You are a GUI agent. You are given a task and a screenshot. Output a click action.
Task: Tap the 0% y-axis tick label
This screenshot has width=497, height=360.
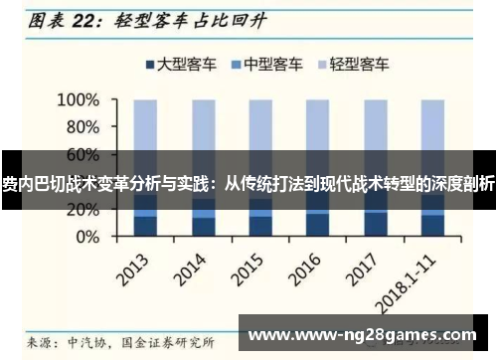[x=87, y=237]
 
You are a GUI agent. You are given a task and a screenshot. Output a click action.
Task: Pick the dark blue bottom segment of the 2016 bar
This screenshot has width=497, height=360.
[x=318, y=226]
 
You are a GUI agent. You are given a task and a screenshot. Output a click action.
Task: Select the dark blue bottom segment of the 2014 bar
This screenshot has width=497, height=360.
[x=204, y=228]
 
